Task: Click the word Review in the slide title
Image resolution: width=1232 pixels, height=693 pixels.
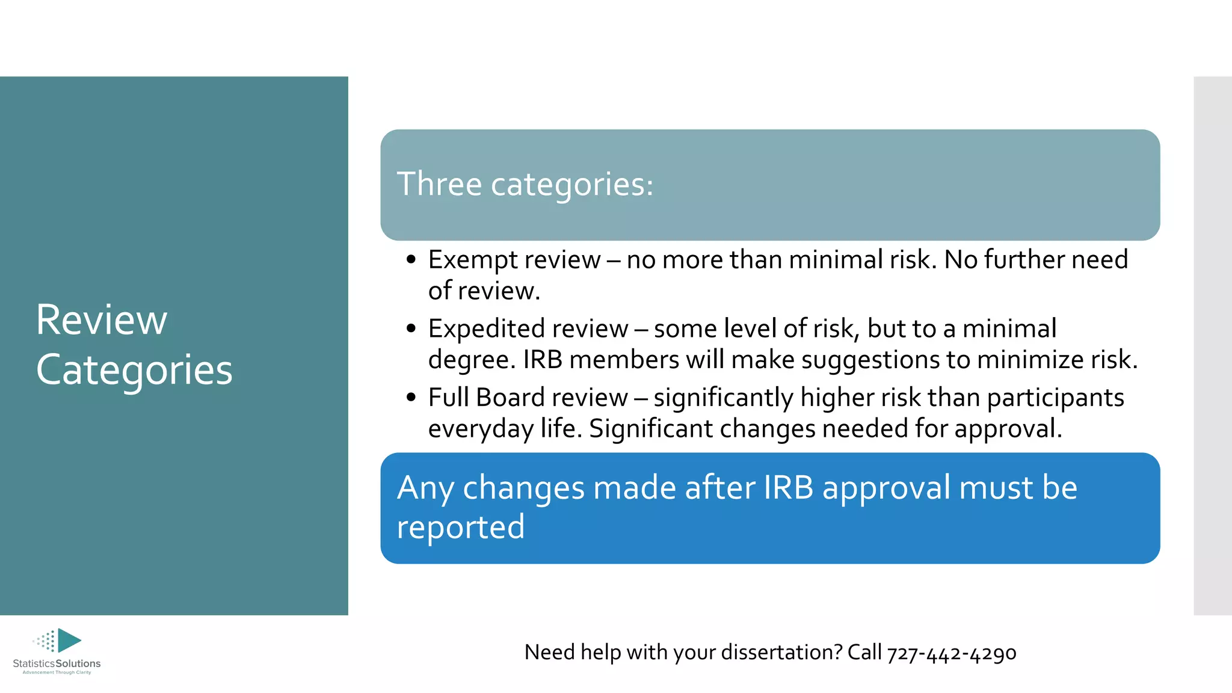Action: click(x=101, y=320)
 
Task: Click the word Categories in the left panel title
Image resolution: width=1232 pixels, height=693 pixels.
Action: click(x=134, y=370)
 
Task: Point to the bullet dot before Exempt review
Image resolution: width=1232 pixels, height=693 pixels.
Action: click(x=411, y=260)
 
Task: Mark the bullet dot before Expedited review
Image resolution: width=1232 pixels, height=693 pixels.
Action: click(x=411, y=329)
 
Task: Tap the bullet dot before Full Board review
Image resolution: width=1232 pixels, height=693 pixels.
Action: click(x=411, y=398)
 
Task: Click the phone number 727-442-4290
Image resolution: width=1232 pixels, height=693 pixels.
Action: click(x=951, y=653)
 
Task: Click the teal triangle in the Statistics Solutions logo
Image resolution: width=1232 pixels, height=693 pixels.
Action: click(x=69, y=641)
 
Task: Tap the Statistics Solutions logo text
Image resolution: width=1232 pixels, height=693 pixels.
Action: click(x=57, y=664)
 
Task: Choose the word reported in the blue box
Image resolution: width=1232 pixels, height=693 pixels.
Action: click(x=461, y=528)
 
